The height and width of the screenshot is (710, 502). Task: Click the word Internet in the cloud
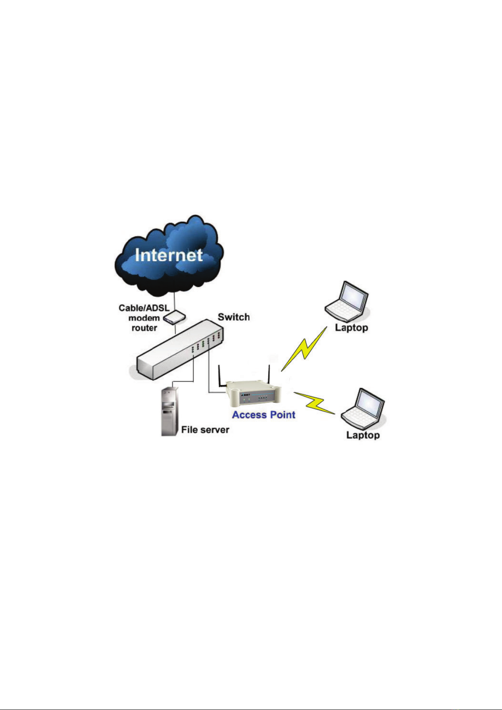(x=168, y=255)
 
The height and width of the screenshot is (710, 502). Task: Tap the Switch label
(x=234, y=317)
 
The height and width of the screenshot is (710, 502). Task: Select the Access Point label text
(x=264, y=415)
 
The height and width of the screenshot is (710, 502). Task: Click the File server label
(x=205, y=430)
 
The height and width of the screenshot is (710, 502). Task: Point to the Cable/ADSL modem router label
(x=144, y=318)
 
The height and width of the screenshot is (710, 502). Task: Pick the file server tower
(x=170, y=411)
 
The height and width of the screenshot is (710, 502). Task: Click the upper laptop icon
(x=347, y=301)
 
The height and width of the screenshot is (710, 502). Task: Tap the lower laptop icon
(x=363, y=409)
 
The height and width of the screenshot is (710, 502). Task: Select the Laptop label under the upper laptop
(x=352, y=327)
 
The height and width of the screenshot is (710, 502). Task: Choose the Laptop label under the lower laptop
(x=363, y=435)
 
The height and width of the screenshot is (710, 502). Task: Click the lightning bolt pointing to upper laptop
(x=304, y=348)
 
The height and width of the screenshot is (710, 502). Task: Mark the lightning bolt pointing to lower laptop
(x=315, y=403)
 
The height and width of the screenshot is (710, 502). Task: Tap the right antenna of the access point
(x=269, y=375)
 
